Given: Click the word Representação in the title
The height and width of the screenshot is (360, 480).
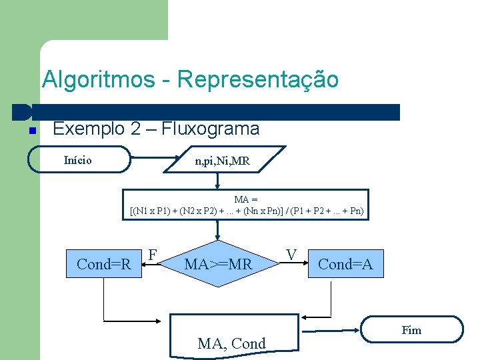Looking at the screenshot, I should pos(258,80).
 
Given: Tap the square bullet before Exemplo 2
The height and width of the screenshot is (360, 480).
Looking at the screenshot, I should pos(32,130).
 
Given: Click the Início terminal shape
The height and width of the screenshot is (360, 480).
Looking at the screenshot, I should pos(79,160).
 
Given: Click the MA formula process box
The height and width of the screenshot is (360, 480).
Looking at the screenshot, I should pos(247,205).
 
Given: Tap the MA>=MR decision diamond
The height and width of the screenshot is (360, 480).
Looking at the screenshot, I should pos(218,265).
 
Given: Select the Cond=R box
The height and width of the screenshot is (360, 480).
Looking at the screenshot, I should pos(104,264).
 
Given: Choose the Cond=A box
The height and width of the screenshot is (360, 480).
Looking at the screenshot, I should pos(345,264).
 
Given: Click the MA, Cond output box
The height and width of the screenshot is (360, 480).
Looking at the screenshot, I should pos(231,337).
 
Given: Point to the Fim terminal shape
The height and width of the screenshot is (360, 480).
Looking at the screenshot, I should pos(411,330).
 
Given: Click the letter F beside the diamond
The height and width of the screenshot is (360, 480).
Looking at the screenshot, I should pos(153,255).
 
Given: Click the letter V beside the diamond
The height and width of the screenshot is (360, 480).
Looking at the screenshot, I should pos(291,255).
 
